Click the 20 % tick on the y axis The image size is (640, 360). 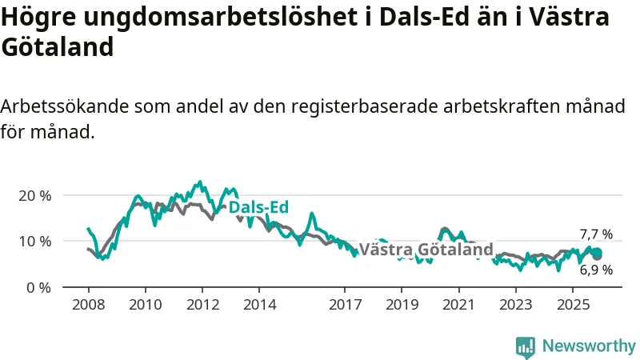(35, 195)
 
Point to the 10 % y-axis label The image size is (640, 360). (35, 241)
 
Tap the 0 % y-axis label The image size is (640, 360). (39, 286)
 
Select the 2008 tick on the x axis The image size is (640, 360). (88, 305)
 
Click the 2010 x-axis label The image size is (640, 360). (145, 305)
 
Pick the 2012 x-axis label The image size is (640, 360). (202, 305)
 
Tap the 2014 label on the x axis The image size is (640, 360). (259, 305)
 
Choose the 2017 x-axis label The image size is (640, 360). (345, 305)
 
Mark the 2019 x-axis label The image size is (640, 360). (402, 305)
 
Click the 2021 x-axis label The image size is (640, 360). (459, 305)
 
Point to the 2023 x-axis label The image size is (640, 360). (516, 305)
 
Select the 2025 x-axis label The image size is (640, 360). (574, 305)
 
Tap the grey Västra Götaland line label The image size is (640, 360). (426, 250)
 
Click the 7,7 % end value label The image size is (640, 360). (596, 234)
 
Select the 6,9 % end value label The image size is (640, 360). (596, 270)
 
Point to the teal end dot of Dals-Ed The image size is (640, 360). (597, 253)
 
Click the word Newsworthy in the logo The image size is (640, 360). (589, 346)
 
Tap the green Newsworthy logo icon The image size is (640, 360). (526, 346)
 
